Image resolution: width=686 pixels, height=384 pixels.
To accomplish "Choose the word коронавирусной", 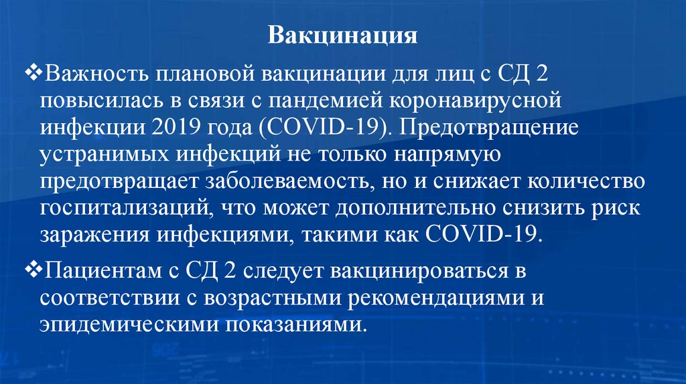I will (472, 100).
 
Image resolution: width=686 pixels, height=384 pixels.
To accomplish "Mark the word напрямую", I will (433, 155).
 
